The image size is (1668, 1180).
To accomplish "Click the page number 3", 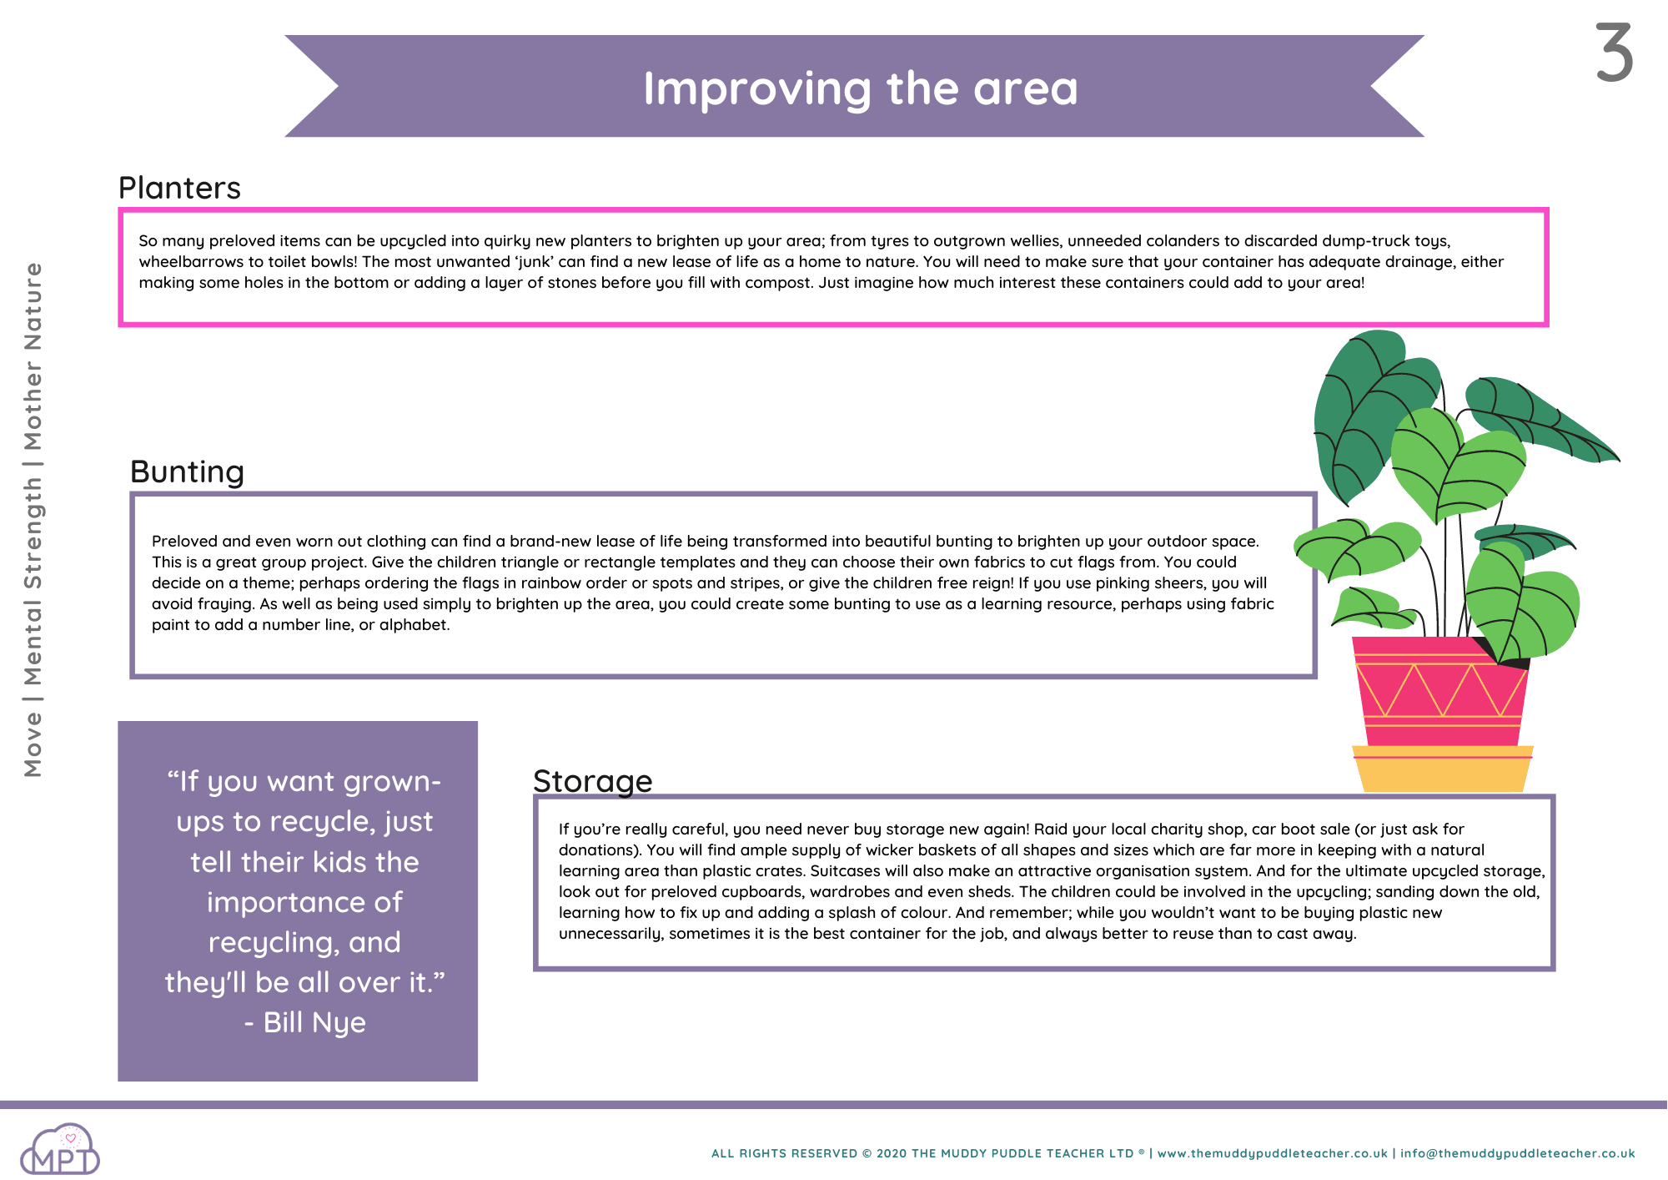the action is pos(1615,53).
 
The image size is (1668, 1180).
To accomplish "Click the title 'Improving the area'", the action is pos(860,88).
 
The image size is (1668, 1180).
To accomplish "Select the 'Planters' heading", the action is pos(179,189).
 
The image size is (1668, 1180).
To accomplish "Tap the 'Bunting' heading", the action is pos(188,472).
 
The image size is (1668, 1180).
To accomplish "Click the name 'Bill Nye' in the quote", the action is pos(314,1022).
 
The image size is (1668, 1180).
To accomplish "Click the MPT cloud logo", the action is pos(60,1149).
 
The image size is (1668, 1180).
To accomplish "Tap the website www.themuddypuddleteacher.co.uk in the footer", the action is pos(1273,1153).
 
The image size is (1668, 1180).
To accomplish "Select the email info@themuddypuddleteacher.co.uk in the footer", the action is pos(1518,1153).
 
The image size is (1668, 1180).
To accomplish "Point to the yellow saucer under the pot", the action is pos(1443,769).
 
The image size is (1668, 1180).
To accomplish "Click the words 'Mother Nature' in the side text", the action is pos(33,356).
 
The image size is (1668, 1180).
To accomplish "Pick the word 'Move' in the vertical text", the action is pos(33,745).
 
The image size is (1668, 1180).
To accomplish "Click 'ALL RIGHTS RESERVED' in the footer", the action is pos(784,1153).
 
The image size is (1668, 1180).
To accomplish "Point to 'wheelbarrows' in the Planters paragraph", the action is pos(191,262).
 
